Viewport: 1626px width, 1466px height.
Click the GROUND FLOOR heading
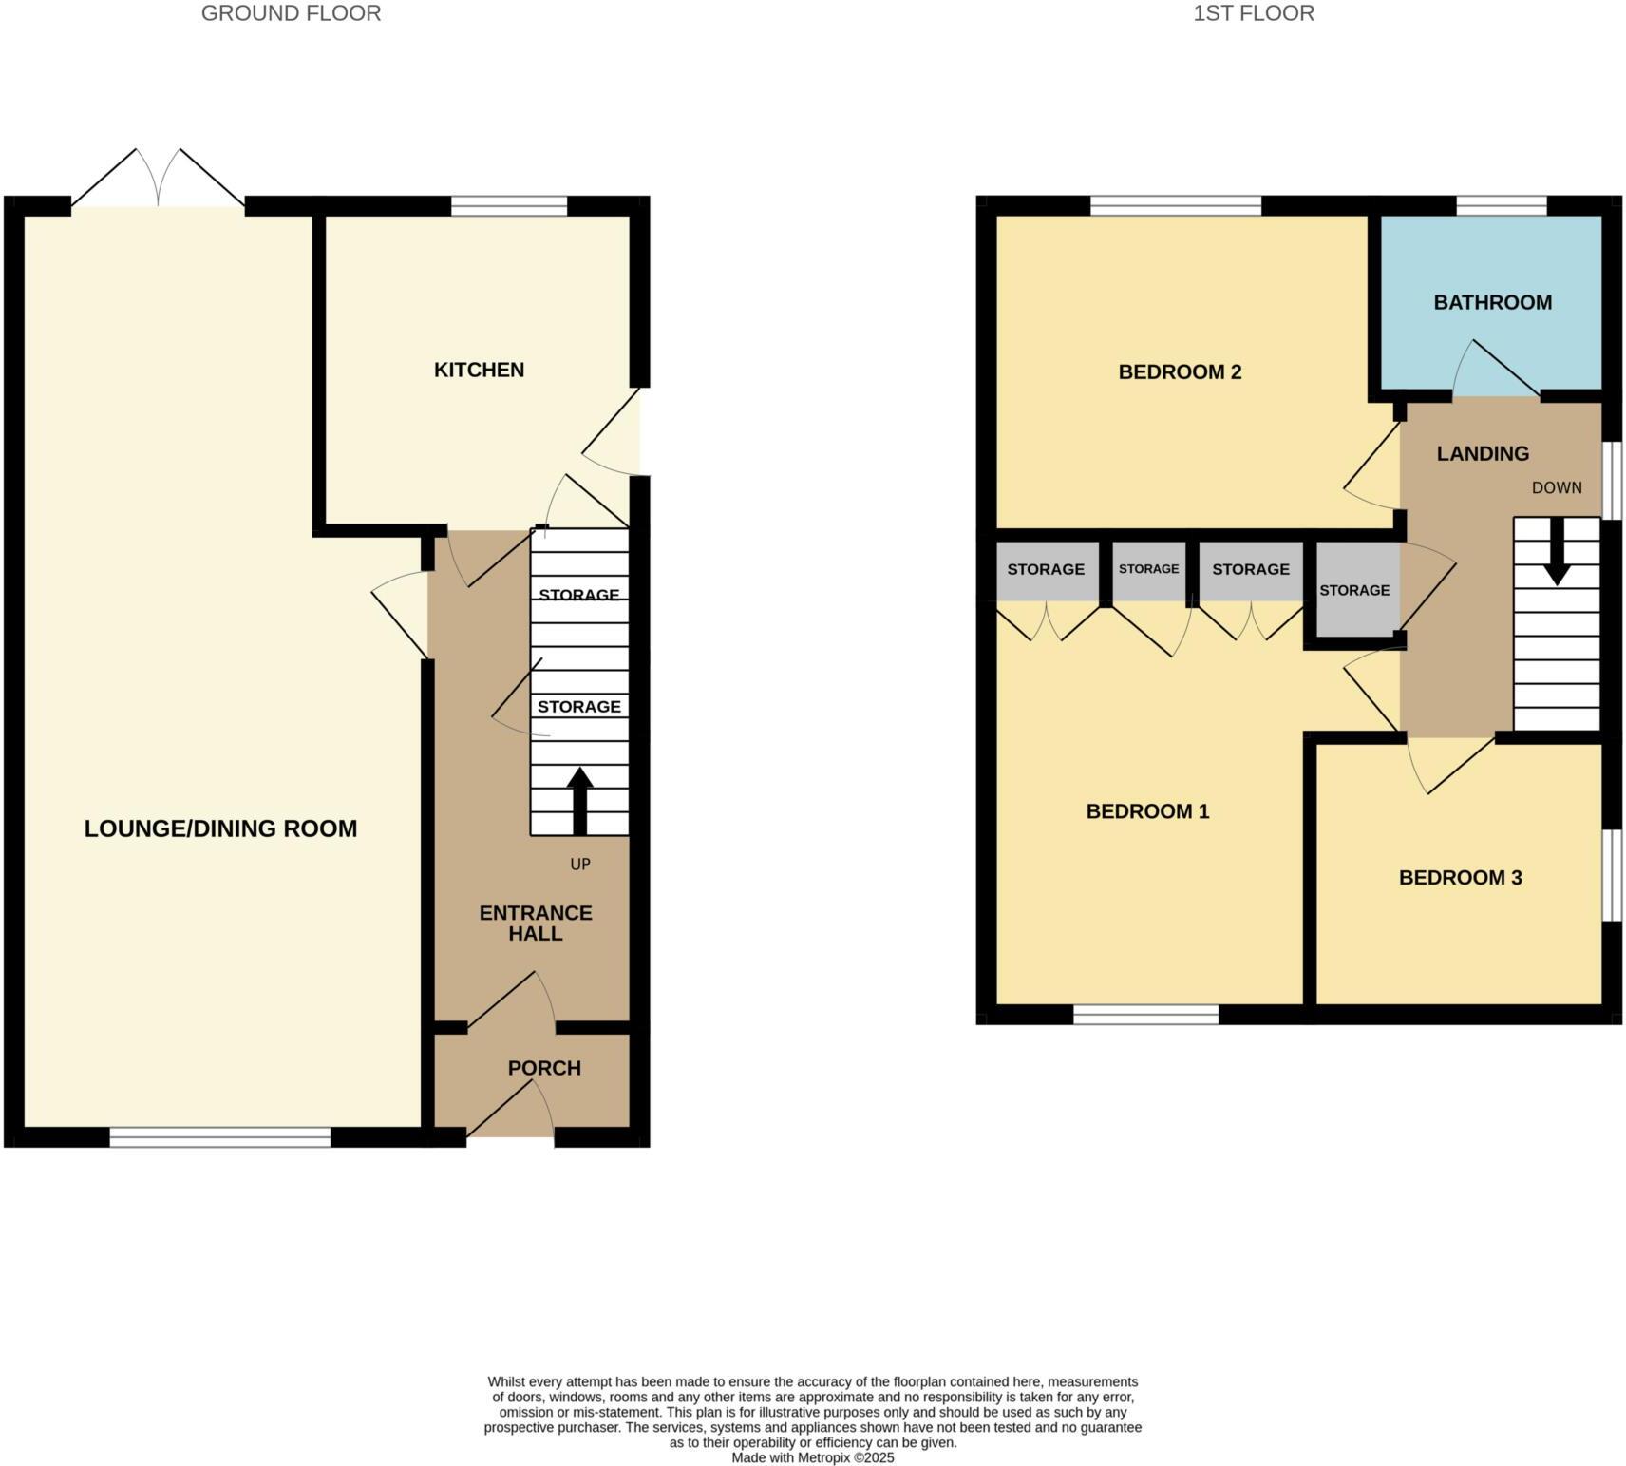click(x=291, y=13)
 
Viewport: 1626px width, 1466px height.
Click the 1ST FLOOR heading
click(x=1253, y=13)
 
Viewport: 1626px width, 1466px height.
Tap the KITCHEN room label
click(x=479, y=370)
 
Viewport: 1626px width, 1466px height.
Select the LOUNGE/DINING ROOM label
click(x=220, y=828)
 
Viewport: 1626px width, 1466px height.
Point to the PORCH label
click(x=544, y=1068)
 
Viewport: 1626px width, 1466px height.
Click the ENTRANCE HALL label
click(x=536, y=923)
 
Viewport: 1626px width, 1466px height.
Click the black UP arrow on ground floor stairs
click(x=579, y=800)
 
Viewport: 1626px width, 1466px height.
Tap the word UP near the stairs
click(x=579, y=865)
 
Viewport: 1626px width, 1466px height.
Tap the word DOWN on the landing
click(x=1557, y=487)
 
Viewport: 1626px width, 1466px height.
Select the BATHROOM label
click(x=1492, y=302)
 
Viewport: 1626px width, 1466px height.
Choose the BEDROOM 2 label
click(x=1180, y=371)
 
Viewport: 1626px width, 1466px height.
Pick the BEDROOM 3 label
click(x=1460, y=877)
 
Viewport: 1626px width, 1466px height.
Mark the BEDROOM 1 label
click(x=1147, y=811)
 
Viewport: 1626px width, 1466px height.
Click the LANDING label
click(x=1482, y=453)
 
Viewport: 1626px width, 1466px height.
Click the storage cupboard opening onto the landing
click(x=1353, y=590)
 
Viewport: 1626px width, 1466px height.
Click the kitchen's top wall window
click(x=509, y=206)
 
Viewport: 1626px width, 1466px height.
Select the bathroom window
click(x=1501, y=206)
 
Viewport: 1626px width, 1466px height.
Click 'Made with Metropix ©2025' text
click(x=812, y=1457)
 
